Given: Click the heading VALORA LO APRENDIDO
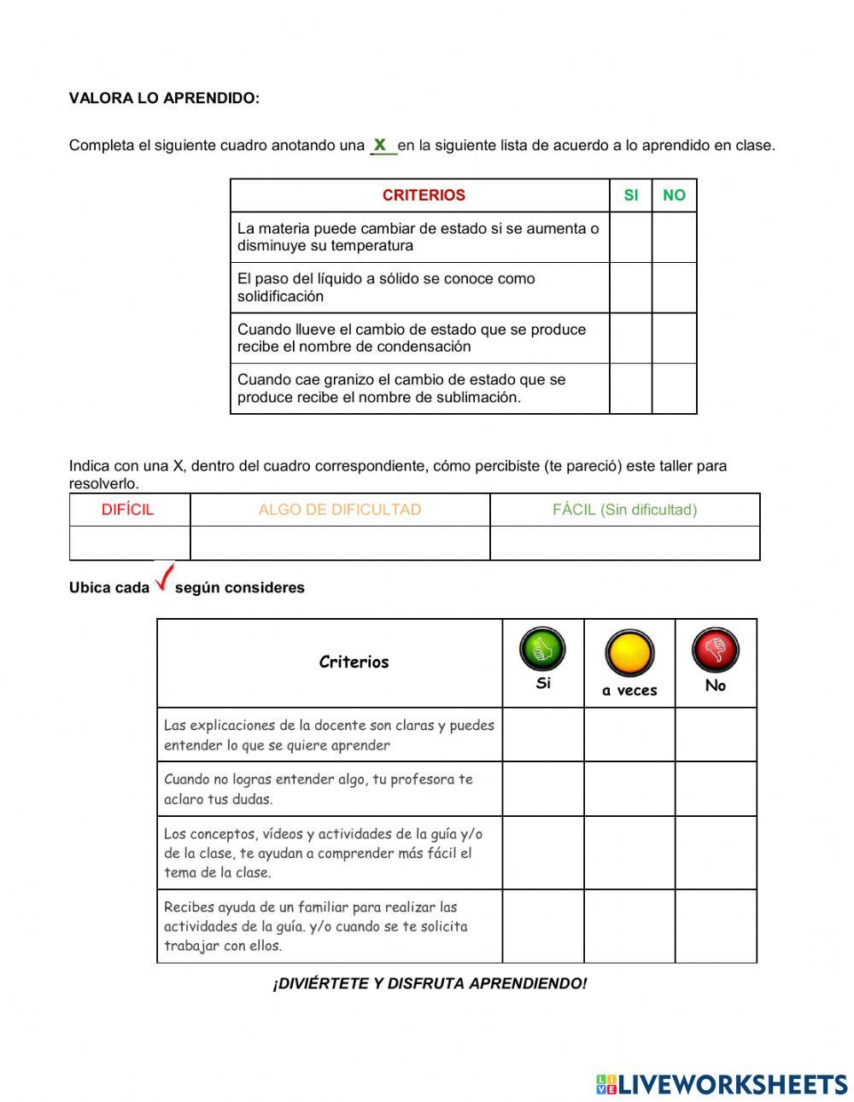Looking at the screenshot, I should click(164, 98).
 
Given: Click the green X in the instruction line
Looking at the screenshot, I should click(381, 144).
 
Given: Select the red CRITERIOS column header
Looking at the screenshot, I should click(424, 195).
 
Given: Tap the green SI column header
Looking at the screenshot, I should click(630, 195).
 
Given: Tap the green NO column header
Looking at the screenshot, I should click(674, 195).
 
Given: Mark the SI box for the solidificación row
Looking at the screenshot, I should click(630, 288).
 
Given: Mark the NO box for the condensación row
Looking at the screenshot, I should click(674, 338).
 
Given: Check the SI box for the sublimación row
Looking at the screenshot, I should click(630, 388).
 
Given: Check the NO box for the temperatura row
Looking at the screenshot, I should click(674, 237).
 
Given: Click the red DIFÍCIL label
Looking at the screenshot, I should click(128, 510).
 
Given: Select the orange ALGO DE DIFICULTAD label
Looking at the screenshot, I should click(340, 510).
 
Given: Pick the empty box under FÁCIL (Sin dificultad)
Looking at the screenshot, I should click(624, 543).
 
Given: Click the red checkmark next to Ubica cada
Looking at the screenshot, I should click(164, 578).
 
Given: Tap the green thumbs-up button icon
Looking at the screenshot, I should click(542, 650).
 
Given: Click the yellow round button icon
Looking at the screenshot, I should click(629, 654).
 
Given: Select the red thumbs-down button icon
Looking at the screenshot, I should click(715, 650).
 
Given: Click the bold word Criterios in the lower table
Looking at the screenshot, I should click(354, 662).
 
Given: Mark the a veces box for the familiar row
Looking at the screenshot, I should click(629, 926).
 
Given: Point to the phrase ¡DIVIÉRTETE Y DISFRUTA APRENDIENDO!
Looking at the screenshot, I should click(430, 983).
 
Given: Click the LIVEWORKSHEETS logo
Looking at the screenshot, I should click(722, 1084).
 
